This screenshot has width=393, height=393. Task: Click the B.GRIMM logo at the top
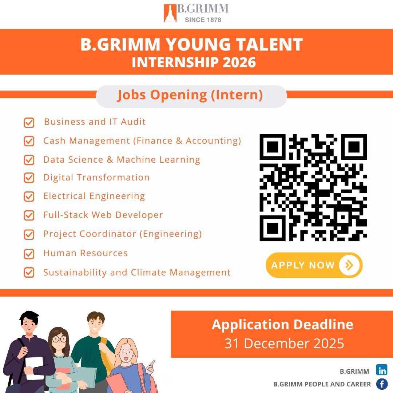tap(196, 13)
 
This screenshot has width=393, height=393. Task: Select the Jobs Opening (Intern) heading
tap(190, 95)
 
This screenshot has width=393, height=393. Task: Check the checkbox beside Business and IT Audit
tap(29, 123)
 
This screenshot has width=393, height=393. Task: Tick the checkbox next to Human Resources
tap(29, 254)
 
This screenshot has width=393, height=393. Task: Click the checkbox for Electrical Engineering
tap(29, 196)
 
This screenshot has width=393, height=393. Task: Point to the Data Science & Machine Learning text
tap(122, 160)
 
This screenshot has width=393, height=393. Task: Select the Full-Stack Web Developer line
tap(103, 215)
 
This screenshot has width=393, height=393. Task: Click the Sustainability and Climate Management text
tap(137, 272)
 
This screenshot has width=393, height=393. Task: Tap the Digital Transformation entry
tap(96, 178)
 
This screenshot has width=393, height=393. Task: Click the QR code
tap(313, 187)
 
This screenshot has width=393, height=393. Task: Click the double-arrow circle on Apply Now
tap(349, 265)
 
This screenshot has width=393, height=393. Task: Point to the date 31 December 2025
tap(284, 344)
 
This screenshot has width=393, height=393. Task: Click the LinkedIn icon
tap(382, 370)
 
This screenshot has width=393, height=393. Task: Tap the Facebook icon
tap(382, 384)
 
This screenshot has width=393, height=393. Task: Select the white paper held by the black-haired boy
tap(34, 368)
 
